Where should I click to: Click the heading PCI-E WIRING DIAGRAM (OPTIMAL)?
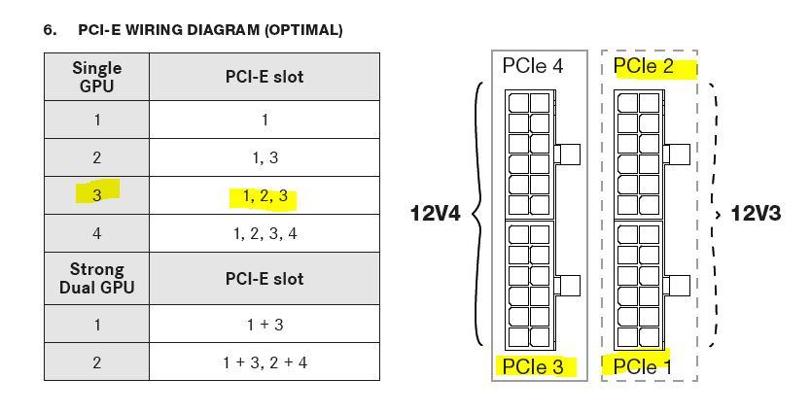pyautogui.click(x=210, y=30)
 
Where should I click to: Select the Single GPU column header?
pyautogui.click(x=96, y=76)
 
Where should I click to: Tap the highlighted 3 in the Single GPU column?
pyautogui.click(x=96, y=193)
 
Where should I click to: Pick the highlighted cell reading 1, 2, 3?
pyautogui.click(x=264, y=196)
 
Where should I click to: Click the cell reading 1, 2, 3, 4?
pyautogui.click(x=264, y=233)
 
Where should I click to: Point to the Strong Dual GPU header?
pyautogui.click(x=96, y=278)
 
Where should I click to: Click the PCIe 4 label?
pyautogui.click(x=532, y=67)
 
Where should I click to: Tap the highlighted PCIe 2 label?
pyautogui.click(x=643, y=67)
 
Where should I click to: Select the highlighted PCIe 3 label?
pyautogui.click(x=532, y=366)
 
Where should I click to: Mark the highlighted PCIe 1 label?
pyautogui.click(x=643, y=366)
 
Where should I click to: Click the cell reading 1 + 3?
pyautogui.click(x=264, y=325)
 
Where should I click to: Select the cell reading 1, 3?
pyautogui.click(x=264, y=157)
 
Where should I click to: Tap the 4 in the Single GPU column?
pyautogui.click(x=96, y=233)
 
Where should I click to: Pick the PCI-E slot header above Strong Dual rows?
pyautogui.click(x=264, y=278)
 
